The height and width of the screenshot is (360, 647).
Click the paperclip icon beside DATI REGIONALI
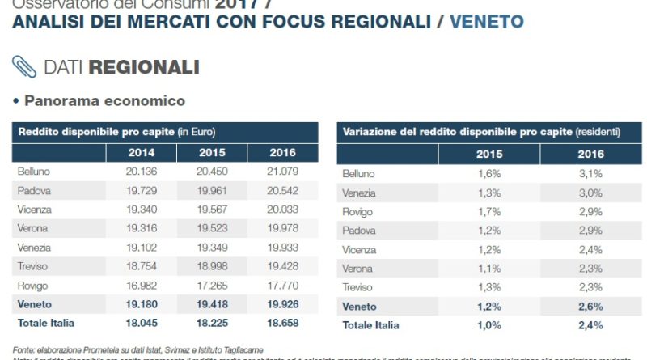tap(24, 66)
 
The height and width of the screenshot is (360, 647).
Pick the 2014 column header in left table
tap(142, 151)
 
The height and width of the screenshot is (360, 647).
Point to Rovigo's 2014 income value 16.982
tap(142, 285)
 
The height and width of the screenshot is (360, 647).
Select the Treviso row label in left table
tap(33, 266)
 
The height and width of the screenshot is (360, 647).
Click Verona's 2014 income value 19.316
tap(142, 227)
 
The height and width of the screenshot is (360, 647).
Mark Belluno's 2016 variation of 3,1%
tap(590, 174)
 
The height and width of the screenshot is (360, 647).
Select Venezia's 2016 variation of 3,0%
tap(590, 193)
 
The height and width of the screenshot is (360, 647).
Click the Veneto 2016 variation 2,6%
tap(590, 307)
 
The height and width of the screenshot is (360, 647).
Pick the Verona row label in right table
tap(358, 269)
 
